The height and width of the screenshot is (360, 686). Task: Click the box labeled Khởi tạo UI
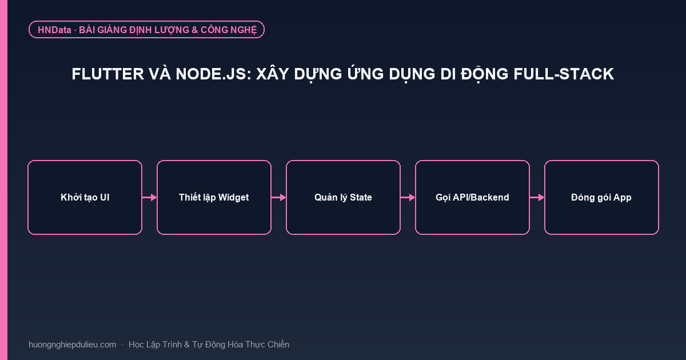pos(85,198)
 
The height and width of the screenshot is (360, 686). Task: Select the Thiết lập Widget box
pos(214,198)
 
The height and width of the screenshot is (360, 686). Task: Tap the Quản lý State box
pos(343,198)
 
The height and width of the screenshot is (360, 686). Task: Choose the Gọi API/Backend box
pos(472,198)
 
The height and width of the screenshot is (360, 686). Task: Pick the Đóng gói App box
pos(601,198)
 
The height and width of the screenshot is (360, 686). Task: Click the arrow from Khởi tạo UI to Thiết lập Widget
pos(149,198)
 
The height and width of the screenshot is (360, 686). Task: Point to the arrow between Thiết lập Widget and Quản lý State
pos(279,198)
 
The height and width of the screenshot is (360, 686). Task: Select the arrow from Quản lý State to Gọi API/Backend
pos(408,198)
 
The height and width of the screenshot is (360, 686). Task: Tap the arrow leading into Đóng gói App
pos(537,198)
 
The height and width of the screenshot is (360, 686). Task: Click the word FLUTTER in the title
pos(108,74)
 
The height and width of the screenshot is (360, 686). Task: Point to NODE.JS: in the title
pos(213,74)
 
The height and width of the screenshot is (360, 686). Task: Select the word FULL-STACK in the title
pos(564,74)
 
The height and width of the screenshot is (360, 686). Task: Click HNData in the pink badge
pos(54,30)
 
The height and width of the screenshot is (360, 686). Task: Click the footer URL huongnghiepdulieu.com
pos(72,345)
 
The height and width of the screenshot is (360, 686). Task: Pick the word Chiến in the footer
pos(278,345)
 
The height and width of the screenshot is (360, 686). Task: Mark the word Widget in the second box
pos(233,198)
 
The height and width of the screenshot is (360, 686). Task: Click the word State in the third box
pos(361,198)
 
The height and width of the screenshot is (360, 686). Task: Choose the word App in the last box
pos(623,198)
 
